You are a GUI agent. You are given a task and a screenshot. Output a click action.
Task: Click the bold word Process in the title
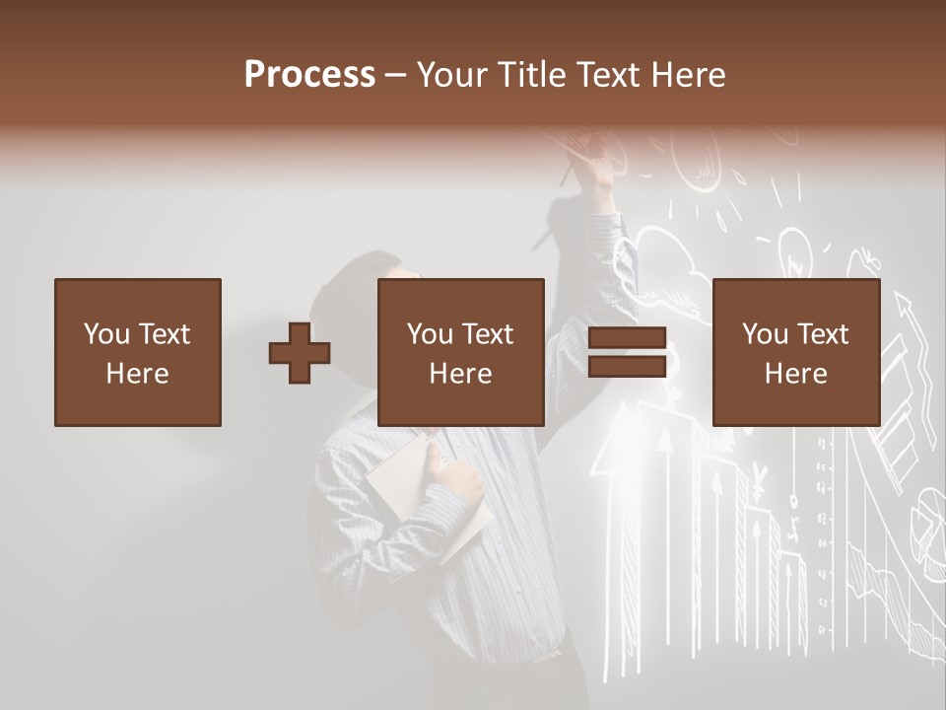(309, 75)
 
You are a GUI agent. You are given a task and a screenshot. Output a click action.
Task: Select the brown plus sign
(300, 352)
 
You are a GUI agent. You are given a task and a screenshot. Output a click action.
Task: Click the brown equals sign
(627, 352)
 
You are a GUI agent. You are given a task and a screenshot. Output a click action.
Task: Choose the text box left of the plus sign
(138, 352)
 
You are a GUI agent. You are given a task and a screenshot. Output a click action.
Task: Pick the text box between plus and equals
(460, 352)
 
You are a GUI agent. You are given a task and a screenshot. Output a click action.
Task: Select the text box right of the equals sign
(795, 352)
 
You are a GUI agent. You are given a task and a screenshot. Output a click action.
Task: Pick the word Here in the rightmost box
(795, 374)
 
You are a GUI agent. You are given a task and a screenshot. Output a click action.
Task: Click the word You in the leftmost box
(105, 334)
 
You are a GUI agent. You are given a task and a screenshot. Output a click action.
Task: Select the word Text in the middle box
(488, 334)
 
